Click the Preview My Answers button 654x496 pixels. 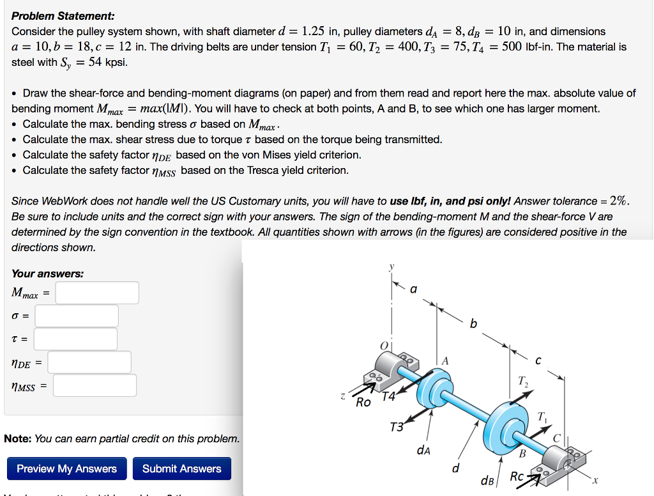click(66, 469)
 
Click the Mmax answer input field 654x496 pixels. click(97, 293)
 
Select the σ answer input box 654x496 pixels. click(77, 316)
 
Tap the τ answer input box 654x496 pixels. click(75, 339)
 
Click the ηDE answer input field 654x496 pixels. click(89, 362)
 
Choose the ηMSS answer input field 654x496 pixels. click(95, 385)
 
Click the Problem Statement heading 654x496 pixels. click(63, 15)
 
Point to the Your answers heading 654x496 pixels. click(47, 274)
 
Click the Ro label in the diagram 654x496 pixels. click(363, 403)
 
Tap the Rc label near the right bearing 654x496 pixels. click(517, 477)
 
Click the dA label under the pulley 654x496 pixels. click(423, 451)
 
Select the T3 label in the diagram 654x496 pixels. click(396, 427)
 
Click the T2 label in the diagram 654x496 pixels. click(523, 382)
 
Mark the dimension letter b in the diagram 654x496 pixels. click(473, 323)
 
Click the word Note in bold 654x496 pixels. click(17, 438)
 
